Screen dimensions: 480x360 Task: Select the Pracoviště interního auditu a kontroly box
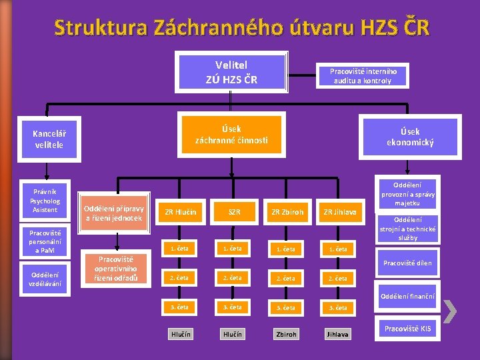[363, 75]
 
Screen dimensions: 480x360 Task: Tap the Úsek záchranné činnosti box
[231, 135]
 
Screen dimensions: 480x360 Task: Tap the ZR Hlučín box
[180, 212]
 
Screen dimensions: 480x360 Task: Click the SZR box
[233, 212]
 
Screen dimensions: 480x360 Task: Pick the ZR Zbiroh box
[287, 212]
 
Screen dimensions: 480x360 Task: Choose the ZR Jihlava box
[339, 212]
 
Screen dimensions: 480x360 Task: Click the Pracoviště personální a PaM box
[45, 241]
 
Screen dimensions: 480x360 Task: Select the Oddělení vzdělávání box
[45, 279]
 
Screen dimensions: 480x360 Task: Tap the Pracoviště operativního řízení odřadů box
[113, 269]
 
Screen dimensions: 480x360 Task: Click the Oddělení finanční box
[407, 296]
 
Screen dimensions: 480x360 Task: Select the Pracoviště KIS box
[408, 329]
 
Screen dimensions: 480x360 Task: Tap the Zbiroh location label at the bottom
[287, 333]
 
